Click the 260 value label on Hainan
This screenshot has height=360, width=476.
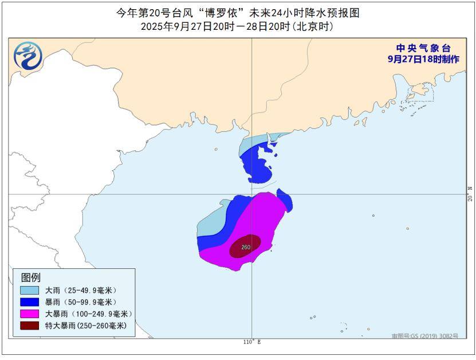pos(246,247)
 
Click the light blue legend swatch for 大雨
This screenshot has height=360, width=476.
pos(30,291)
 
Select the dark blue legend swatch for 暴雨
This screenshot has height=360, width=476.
pos(30,302)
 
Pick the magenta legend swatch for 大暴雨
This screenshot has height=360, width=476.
pos(30,314)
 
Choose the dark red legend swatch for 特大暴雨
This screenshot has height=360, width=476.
pos(30,325)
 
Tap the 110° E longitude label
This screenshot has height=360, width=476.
pos(251,342)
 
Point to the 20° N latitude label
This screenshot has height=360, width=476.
pos(470,193)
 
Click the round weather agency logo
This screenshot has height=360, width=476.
pos(28,58)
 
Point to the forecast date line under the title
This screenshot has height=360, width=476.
pos(238,27)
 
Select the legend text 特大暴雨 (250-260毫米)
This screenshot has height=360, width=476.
pos(85,325)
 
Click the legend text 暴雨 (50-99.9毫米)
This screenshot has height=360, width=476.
pos(81,302)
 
